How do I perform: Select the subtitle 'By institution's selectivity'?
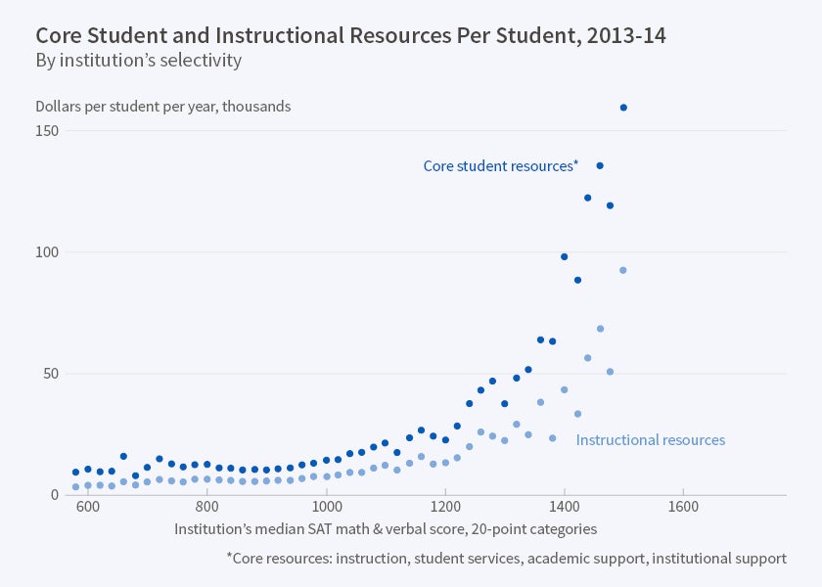138,61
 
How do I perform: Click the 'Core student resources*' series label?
500,166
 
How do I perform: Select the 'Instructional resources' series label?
651,440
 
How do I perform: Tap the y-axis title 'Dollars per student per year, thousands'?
162,107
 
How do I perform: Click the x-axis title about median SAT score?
386,528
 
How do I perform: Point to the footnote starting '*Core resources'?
506,559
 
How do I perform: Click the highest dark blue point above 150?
623,108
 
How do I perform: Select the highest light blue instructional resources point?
623,270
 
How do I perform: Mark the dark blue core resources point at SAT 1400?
565,256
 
